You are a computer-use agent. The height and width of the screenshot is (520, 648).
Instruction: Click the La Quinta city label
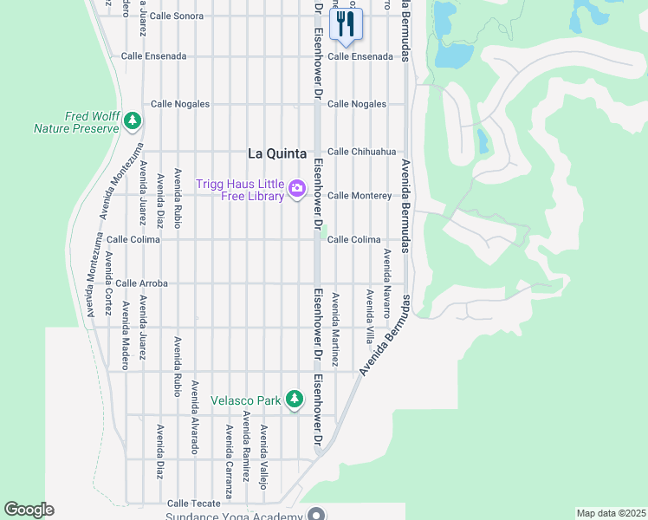[x=277, y=153]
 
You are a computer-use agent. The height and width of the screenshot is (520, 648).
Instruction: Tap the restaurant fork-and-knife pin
[x=346, y=24]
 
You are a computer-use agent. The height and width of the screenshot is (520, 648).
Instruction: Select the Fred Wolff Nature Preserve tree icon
[x=132, y=120]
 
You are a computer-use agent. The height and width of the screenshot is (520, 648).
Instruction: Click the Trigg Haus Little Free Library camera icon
[x=297, y=188]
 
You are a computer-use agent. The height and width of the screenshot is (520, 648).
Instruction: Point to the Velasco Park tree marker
[x=295, y=399]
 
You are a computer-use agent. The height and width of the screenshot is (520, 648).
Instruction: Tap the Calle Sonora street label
[x=176, y=16]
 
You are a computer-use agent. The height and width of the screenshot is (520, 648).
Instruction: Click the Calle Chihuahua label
[x=361, y=152]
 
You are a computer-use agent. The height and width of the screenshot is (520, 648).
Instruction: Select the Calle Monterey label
[x=359, y=196]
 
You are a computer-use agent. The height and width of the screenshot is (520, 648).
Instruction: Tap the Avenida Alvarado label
[x=195, y=417]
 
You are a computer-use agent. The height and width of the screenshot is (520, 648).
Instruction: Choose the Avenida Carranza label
[x=229, y=461]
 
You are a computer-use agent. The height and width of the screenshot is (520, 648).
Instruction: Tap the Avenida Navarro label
[x=387, y=283]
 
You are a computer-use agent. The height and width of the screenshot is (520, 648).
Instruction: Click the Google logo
[x=29, y=510]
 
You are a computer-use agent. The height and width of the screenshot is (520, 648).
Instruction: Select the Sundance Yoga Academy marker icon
[x=315, y=515]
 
